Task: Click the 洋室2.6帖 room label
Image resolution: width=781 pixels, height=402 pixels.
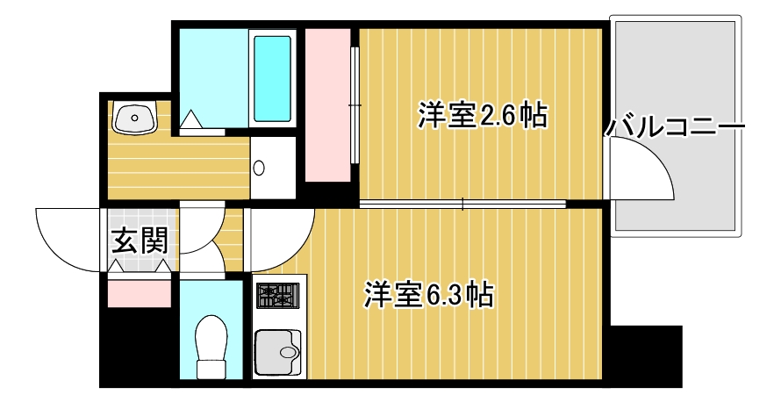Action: [483, 116]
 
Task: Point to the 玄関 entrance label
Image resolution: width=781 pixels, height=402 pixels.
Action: [140, 240]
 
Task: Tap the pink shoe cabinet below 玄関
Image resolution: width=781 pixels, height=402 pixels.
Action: [139, 291]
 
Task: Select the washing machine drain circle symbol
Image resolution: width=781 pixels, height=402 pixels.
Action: [259, 168]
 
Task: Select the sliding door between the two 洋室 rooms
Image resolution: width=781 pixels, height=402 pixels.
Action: [462, 205]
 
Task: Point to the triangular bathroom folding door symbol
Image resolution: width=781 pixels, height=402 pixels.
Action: [193, 120]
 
